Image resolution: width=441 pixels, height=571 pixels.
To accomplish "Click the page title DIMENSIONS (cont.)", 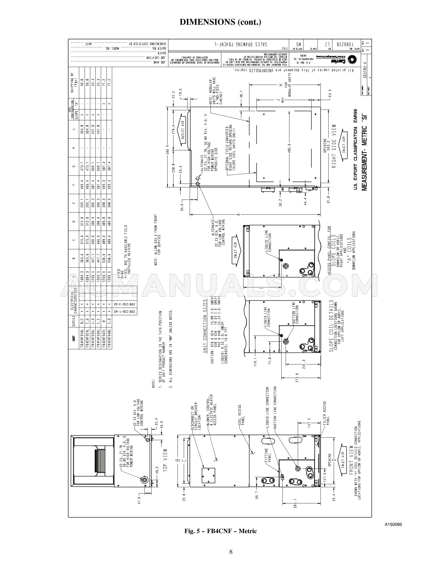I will (220, 22).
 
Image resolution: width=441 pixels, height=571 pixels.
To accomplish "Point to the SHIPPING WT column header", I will (72, 85).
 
